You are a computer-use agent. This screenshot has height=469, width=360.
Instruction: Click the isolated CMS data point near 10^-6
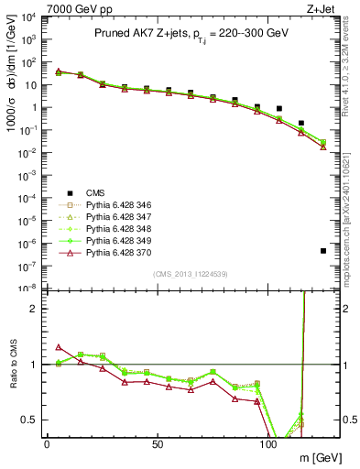323,251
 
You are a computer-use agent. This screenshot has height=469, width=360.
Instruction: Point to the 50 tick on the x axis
158,443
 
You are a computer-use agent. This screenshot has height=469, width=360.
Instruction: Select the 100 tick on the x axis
268,443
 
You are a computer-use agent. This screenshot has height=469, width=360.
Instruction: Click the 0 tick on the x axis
47,443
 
